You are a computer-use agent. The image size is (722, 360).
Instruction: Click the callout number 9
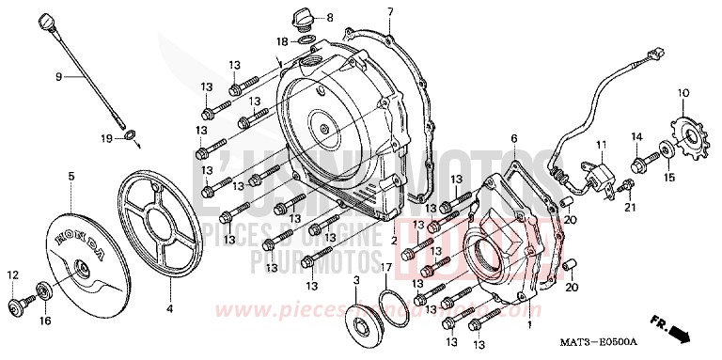pos(58,76)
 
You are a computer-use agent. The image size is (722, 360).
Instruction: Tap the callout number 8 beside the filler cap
pos(331,18)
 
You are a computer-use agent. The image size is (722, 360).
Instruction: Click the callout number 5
pos(71,175)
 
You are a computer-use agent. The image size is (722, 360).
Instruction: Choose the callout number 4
pos(170,307)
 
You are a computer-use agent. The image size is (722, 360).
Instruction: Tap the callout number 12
pos(13,274)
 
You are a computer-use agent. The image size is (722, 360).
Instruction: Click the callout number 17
pos(386,268)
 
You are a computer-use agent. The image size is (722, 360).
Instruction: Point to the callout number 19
pos(107,138)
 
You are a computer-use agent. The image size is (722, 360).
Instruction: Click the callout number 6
pos(514,138)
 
